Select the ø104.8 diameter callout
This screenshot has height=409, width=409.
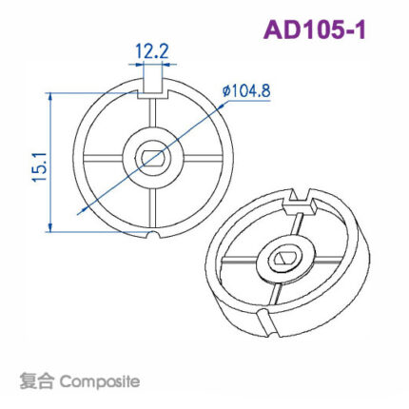point(246,90)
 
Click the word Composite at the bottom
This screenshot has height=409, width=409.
point(99,381)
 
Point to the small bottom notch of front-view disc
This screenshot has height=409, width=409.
point(152,233)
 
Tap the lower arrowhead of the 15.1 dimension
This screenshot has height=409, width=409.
point(48,227)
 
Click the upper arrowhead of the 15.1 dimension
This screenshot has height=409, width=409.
point(48,96)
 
